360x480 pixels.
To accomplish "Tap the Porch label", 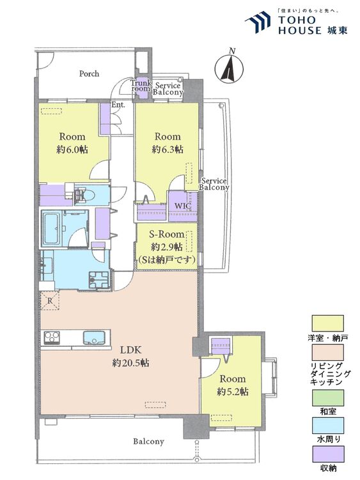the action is pos(89,74).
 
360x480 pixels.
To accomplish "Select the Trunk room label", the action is pos(141,85).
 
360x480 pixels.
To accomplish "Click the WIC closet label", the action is pos(183,205).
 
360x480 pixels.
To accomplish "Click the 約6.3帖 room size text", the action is pos(168,150).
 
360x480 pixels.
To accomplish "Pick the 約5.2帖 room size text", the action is pos(233,392).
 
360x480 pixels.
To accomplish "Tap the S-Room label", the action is pos(167,234).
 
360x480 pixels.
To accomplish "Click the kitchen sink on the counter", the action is pos(93,338).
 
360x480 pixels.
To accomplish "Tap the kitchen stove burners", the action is pos(52,338).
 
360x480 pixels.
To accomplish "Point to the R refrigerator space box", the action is pos(50,300).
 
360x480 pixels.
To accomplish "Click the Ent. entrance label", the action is pos(118,105).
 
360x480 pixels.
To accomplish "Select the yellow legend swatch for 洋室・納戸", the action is pos(327,324).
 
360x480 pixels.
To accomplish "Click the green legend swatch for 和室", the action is pos(327,397).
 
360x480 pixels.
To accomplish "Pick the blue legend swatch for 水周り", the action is pos(327,426).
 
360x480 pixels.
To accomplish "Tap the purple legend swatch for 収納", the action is pos(327,454).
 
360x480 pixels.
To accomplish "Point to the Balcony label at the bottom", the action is pos(148,442).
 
